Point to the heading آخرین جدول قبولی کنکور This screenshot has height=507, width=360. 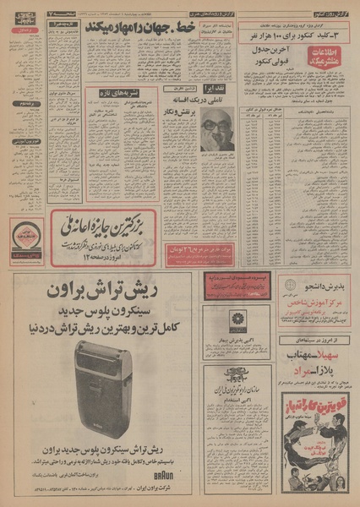pyautogui.click(x=275, y=54)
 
